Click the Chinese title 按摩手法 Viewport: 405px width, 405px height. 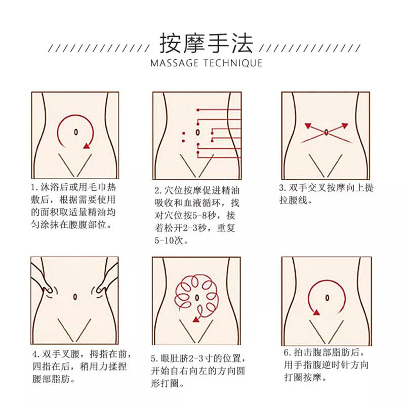(206, 44)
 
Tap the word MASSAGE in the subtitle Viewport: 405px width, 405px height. (175, 63)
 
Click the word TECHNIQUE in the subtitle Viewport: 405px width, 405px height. (233, 63)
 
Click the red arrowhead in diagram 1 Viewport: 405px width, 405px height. (87, 146)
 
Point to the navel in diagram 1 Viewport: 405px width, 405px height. (75, 132)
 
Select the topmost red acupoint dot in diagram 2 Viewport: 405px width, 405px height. (198, 110)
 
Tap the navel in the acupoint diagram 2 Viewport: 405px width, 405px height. (197, 133)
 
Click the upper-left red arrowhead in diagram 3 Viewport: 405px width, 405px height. (308, 126)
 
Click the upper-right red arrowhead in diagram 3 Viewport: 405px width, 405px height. (345, 126)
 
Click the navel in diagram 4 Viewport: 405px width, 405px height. (75, 297)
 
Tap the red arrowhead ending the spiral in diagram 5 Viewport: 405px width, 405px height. (196, 320)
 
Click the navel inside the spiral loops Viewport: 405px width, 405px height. (197, 298)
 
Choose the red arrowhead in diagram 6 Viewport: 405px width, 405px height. (316, 313)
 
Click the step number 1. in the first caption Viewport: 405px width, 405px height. (34, 187)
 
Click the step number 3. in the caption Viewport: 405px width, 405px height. (283, 188)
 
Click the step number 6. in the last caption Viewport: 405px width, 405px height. (288, 352)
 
